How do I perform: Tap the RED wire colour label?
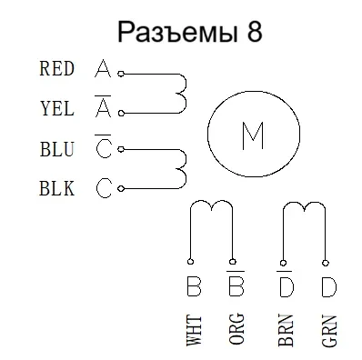pos(56,68)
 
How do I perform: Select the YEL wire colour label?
pos(56,108)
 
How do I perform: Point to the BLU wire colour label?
pos(56,148)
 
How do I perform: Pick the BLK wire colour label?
pos(56,188)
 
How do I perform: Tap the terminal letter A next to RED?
pos(103,68)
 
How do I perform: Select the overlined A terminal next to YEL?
pos(103,109)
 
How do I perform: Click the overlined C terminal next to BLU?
pos(103,149)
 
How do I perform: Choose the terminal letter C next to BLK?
pos(103,188)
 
